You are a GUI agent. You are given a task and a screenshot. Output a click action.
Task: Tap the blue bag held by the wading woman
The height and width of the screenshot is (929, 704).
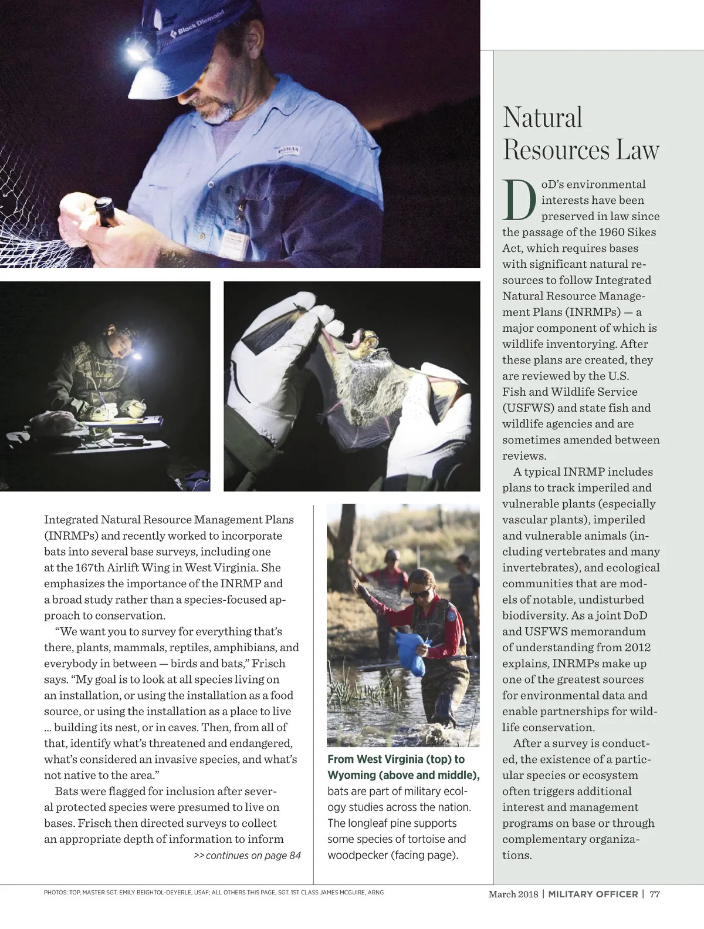(412, 654)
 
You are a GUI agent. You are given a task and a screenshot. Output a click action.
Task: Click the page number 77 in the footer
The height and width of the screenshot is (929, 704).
(655, 894)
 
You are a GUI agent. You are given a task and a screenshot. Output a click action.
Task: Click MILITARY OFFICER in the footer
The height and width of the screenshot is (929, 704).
(593, 894)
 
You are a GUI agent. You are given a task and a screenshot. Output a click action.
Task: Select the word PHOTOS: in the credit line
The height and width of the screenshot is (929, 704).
(55, 893)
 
